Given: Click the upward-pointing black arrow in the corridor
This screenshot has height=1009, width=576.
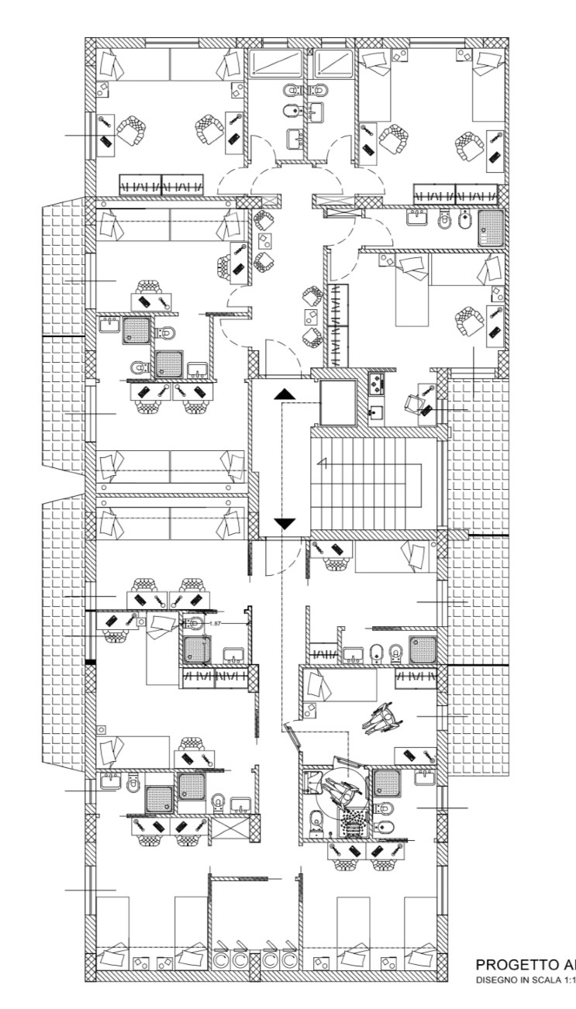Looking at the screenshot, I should (285, 394).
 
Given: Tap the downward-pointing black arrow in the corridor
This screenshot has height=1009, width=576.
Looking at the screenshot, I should (285, 523).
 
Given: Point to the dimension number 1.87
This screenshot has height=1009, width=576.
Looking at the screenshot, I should (216, 623).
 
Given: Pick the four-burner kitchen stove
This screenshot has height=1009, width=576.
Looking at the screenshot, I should (375, 381).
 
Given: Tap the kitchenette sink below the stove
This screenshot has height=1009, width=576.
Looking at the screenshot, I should (376, 412).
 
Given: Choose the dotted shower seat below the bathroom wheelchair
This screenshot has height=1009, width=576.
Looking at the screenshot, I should (354, 819).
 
